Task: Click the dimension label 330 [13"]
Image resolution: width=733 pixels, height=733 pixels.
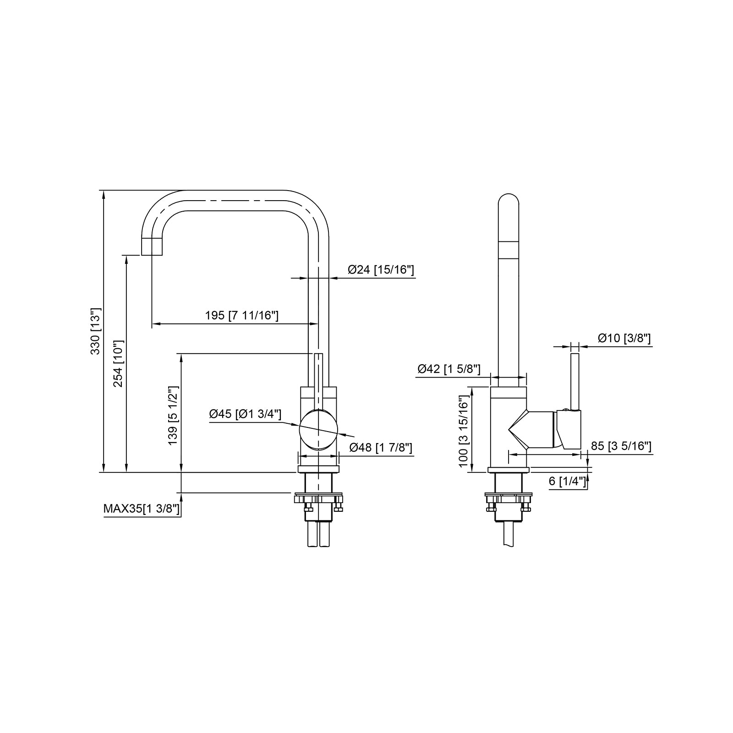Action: point(95,331)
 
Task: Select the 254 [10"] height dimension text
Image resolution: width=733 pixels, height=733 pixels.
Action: point(118,364)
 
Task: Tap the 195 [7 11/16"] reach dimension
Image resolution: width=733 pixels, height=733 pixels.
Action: point(241,316)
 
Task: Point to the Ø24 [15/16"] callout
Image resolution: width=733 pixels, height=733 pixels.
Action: point(381,270)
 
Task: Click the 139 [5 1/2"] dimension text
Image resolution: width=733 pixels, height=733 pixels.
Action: point(173,416)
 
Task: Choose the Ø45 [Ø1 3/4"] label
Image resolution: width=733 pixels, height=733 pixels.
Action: point(245,414)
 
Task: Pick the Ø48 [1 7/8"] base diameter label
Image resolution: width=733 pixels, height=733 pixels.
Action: point(380,448)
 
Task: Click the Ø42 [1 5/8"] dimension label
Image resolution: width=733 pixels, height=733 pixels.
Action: point(449,369)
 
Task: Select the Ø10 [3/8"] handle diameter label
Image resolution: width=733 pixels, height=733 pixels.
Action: point(624,339)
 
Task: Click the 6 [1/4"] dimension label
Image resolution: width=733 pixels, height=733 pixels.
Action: point(567,481)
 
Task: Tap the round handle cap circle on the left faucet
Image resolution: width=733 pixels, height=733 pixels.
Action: point(318,429)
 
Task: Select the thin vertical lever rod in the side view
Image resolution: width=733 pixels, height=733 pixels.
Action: point(575,380)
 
